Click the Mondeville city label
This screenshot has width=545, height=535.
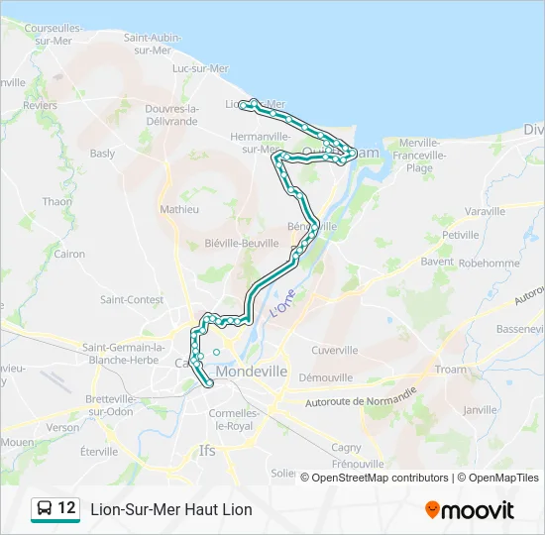[x=251, y=371]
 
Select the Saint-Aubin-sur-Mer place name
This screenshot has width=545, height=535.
[x=152, y=44]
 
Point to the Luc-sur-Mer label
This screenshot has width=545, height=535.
[x=200, y=68]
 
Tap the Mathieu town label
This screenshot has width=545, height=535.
[x=179, y=210]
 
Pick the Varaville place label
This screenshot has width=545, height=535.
[x=485, y=212]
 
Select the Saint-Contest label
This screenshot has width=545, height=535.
[x=132, y=299]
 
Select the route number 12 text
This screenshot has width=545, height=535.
[x=66, y=508]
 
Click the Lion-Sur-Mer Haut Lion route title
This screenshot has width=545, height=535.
[x=171, y=509]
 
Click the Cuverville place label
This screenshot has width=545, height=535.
[x=334, y=350]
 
